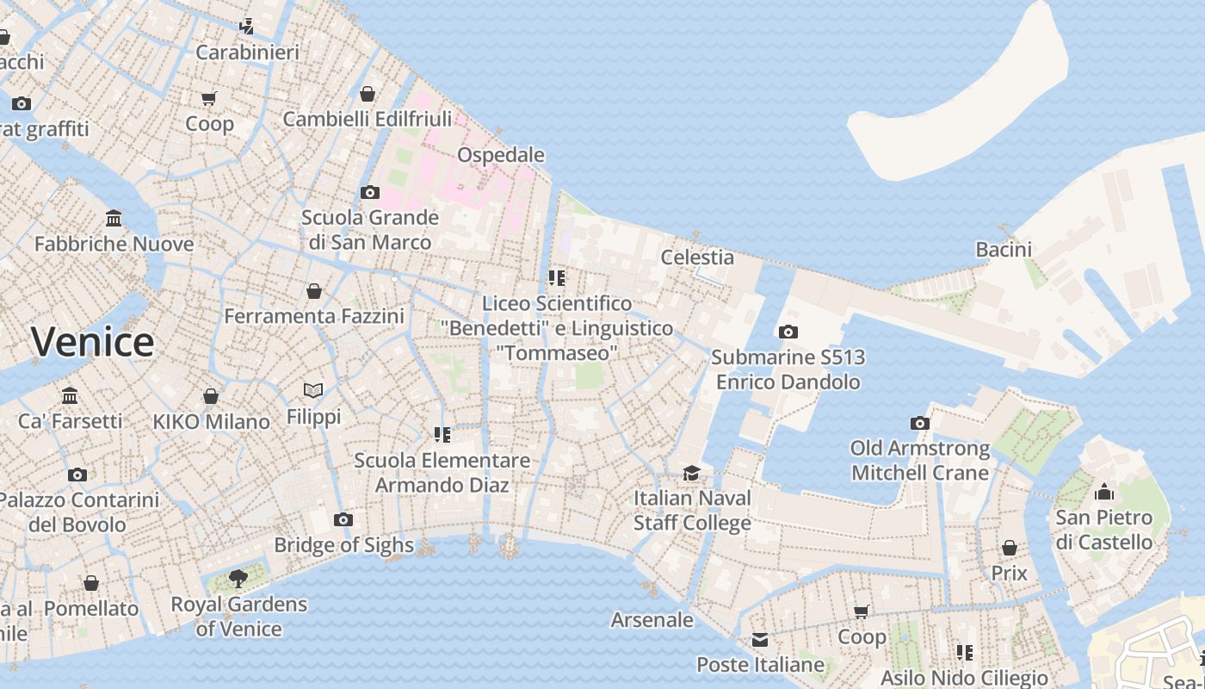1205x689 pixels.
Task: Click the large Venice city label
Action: click(93, 342)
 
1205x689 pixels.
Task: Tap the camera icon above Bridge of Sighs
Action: click(343, 519)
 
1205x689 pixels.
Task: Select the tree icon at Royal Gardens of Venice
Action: click(238, 579)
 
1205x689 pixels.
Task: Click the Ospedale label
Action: click(501, 155)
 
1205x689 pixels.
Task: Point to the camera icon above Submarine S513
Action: click(788, 332)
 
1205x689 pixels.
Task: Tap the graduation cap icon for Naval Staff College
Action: click(691, 473)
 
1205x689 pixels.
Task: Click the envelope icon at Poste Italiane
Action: click(759, 640)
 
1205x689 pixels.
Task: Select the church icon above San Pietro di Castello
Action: click(1104, 493)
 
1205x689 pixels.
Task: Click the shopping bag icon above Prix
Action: click(1010, 548)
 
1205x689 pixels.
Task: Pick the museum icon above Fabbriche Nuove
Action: click(114, 219)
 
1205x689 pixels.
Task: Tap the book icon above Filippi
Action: click(313, 391)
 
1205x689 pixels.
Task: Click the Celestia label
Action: click(697, 258)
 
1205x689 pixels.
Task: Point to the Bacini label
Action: click(1004, 250)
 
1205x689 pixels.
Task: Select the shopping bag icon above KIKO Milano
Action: click(211, 396)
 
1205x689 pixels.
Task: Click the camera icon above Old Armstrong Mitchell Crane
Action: click(920, 423)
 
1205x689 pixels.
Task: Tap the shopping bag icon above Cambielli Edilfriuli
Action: click(368, 94)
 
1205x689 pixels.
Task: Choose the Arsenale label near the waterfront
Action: click(652, 620)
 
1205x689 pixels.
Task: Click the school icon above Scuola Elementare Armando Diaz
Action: click(442, 435)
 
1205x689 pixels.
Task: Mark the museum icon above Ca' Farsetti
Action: click(70, 396)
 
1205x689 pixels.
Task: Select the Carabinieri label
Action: click(248, 53)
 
